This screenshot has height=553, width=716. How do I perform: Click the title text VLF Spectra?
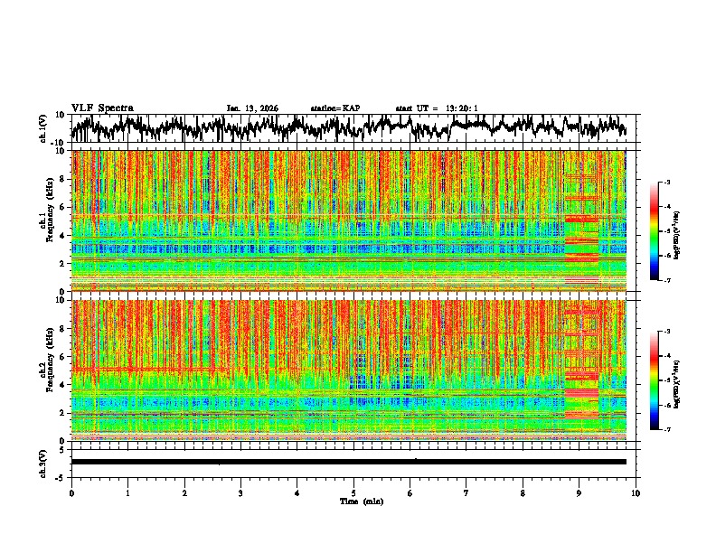102,108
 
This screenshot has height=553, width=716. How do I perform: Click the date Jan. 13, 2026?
252,108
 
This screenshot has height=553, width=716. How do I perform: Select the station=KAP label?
334,108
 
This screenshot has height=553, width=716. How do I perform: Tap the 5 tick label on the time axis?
353,492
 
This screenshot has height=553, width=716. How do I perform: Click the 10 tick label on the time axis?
636,492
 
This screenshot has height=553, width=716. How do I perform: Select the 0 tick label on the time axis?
71,492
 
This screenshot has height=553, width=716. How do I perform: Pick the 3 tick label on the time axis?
240,492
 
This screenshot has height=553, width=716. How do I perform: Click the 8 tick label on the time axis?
523,492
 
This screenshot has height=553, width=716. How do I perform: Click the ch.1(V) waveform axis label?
43,129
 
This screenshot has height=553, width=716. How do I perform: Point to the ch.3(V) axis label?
43,462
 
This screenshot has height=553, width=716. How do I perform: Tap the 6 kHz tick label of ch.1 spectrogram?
61,207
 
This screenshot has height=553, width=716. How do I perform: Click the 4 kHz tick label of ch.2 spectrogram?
61,384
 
